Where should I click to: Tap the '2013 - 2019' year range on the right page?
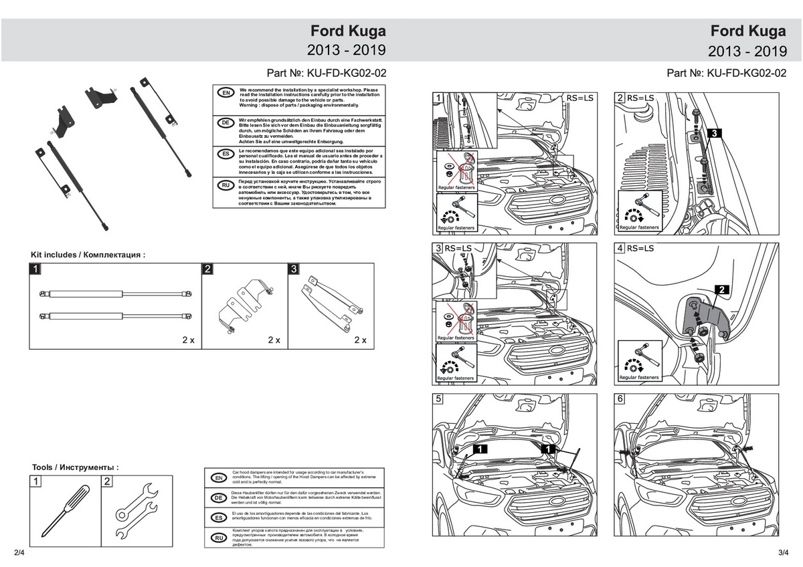(747, 50)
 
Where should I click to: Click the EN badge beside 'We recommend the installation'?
(226, 93)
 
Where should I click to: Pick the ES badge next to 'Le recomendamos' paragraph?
(226, 154)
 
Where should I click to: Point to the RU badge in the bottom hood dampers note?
(217, 538)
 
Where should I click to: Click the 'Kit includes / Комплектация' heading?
(88, 255)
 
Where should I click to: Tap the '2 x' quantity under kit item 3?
(360, 340)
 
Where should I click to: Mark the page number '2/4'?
(18, 552)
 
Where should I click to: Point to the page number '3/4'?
(784, 552)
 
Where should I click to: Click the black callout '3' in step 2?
(714, 134)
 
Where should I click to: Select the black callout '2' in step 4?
(722, 290)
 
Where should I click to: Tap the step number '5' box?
(438, 399)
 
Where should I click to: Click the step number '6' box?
(620, 399)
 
